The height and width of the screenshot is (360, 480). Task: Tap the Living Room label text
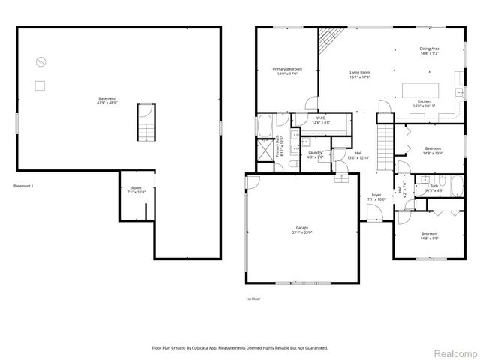point(360,74)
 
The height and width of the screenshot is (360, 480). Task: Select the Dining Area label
point(429,51)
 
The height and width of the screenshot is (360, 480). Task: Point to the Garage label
point(301,229)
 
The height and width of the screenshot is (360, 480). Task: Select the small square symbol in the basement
point(40,85)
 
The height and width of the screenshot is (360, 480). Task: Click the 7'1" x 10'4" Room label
point(136,190)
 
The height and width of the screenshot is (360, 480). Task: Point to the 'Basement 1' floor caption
point(24,186)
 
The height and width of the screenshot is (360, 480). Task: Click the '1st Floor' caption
point(253,298)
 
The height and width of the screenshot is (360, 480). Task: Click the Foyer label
point(376,197)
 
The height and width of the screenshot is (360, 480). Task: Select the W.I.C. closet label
point(320,120)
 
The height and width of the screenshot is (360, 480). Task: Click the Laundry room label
point(316,154)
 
